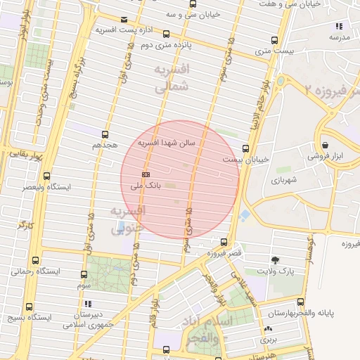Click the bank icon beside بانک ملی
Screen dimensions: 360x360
tap(146, 173)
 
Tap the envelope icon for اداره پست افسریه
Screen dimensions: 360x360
tap(124, 19)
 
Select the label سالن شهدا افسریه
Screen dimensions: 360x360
tap(170, 143)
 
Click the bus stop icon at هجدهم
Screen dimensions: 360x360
tap(105, 134)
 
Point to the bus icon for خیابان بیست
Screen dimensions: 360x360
tap(245, 148)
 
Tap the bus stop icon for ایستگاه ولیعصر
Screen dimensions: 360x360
tap(46, 176)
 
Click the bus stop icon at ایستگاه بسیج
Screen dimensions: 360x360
tap(28, 306)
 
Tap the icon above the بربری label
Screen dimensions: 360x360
tap(268, 328)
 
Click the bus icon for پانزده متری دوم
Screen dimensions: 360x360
tap(166, 33)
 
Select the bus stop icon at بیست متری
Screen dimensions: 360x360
tap(274, 40)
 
